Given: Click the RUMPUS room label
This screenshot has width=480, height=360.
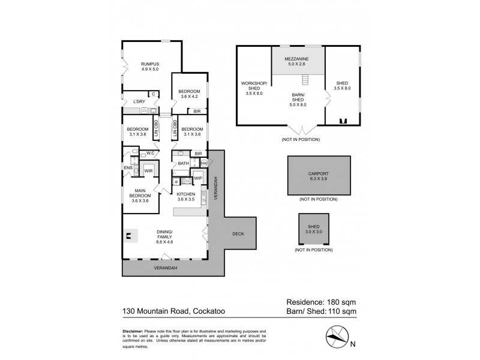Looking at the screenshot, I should click(x=150, y=65).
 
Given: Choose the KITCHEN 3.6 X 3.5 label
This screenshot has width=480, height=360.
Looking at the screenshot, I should click(x=187, y=197).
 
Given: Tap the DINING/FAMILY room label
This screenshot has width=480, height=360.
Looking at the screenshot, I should click(x=164, y=237).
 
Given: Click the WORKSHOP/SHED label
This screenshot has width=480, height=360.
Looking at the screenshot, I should click(x=253, y=88).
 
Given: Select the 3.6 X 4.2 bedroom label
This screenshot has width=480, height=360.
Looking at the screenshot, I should click(x=189, y=94).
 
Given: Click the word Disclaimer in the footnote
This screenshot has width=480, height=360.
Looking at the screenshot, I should click(x=132, y=331).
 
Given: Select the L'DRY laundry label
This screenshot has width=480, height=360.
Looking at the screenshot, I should click(x=139, y=101).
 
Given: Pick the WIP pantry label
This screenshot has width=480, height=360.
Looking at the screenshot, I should click(x=197, y=178).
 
